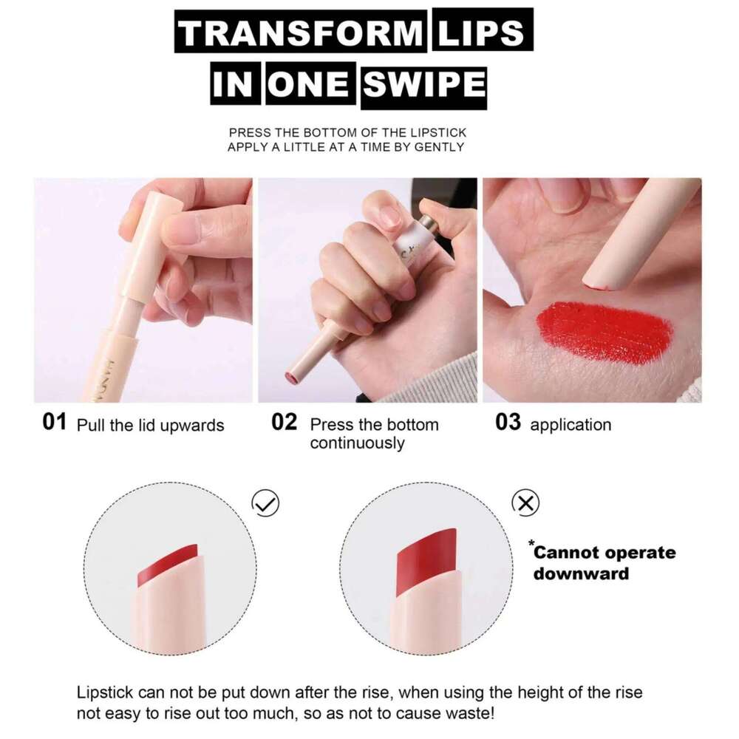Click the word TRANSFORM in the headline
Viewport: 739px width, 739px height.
tap(300, 34)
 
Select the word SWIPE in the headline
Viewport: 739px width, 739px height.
tap(423, 85)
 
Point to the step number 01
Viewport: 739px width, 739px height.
tap(55, 423)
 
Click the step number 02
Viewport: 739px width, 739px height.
tap(284, 423)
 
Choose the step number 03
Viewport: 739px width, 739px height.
tap(508, 423)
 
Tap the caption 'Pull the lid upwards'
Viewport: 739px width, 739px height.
tap(150, 426)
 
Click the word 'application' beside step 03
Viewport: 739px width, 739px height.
tap(571, 425)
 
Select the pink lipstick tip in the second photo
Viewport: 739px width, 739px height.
tap(292, 379)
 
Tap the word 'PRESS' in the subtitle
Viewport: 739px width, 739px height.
tap(249, 133)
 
